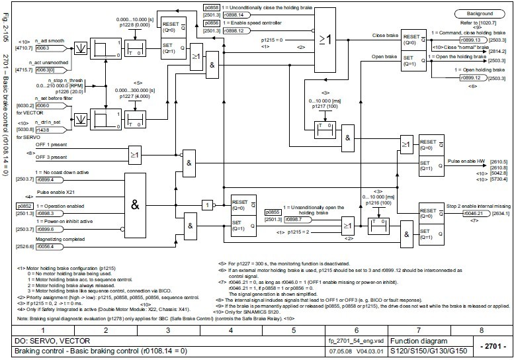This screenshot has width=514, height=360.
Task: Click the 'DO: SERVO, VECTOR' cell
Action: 41,339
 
